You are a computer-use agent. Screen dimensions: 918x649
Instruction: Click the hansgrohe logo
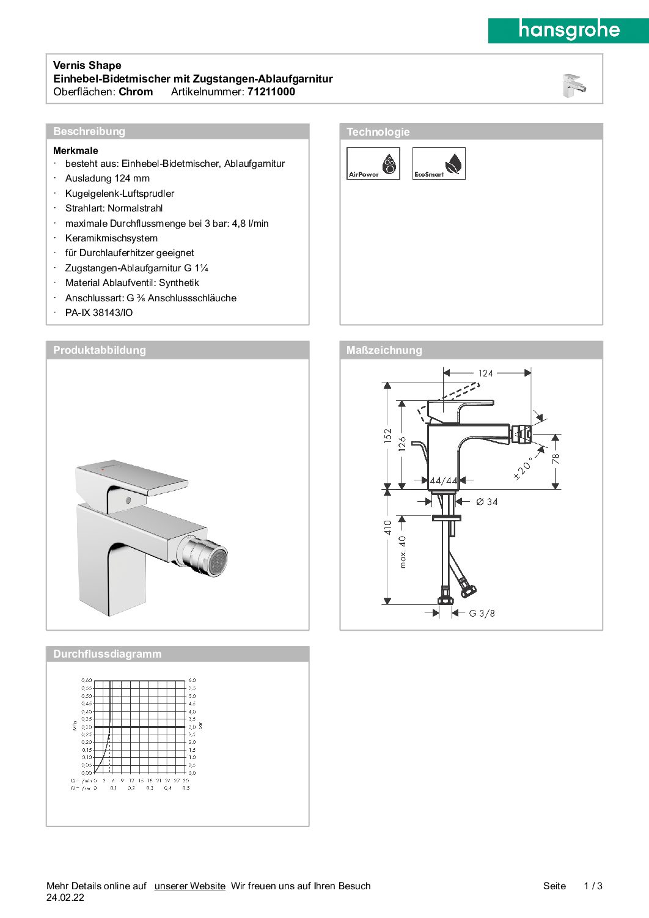pos(568,30)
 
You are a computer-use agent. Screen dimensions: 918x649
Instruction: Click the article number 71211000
pos(271,92)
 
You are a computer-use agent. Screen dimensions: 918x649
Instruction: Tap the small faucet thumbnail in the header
pos(574,86)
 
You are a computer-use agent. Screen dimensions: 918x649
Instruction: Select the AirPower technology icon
pos(373,164)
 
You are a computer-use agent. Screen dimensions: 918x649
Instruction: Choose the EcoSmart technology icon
pos(439,164)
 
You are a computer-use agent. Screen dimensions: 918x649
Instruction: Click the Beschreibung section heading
pos(89,131)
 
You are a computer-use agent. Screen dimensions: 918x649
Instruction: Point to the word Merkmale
pos(76,150)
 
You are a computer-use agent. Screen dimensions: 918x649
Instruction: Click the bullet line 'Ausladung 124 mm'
pos(108,178)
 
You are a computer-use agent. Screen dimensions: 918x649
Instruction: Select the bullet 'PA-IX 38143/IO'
pos(99,313)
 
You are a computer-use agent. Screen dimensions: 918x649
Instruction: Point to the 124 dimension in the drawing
pos(486,373)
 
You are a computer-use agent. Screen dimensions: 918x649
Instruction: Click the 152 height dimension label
pos(387,436)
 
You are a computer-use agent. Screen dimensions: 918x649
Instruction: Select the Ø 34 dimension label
pos(487,502)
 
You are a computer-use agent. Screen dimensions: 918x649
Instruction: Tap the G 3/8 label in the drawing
pos(482,613)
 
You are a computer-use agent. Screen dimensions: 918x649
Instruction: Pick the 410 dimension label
pos(387,527)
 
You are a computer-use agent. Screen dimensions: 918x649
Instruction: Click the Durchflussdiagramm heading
pos(108,654)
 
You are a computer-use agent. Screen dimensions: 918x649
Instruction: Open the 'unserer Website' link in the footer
pos(190,886)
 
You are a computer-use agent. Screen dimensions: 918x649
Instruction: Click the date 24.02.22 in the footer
pos(65,898)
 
